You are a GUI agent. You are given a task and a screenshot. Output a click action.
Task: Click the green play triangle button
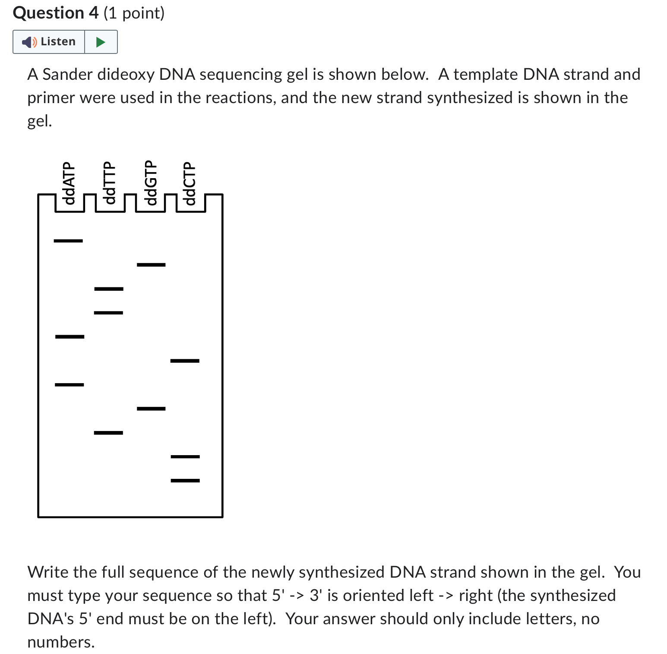click(101, 42)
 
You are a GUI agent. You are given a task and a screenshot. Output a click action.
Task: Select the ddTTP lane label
click(110, 183)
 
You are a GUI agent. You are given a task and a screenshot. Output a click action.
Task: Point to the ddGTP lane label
click(150, 183)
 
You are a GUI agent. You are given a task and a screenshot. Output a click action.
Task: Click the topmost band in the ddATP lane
click(68, 241)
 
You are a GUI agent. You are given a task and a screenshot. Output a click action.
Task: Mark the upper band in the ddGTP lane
click(151, 264)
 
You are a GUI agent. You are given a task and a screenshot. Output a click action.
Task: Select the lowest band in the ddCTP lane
click(185, 480)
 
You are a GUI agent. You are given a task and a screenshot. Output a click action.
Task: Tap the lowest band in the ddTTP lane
click(108, 432)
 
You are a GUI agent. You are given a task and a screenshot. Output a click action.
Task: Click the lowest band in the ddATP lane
click(69, 384)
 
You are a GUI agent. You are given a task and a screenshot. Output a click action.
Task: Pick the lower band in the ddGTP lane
click(151, 409)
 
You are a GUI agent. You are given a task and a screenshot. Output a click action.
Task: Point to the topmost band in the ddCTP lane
click(185, 361)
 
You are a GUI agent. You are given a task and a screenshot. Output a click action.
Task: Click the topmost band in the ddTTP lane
click(109, 289)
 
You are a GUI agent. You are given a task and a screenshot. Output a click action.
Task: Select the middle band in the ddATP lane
click(70, 336)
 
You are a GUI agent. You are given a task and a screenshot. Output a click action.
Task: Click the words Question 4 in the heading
click(56, 13)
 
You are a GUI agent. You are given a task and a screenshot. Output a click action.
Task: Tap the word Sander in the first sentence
click(68, 74)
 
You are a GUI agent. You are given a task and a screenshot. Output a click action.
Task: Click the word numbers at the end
click(60, 642)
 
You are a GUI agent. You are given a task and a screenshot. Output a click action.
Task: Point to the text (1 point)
click(134, 13)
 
